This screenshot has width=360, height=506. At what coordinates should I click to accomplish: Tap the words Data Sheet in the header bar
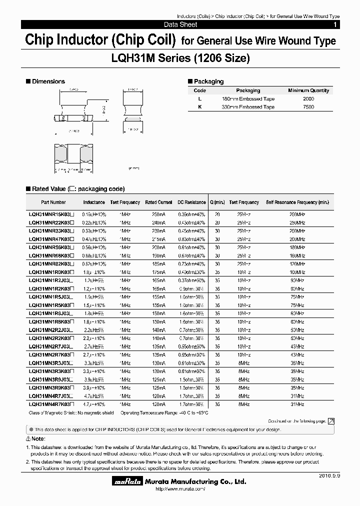pos(180,24)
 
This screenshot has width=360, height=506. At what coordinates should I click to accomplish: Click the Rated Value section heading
pos(75,189)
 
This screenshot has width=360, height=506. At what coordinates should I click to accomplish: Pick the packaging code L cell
pos(199,99)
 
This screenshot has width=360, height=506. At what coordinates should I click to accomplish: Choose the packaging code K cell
pos(199,107)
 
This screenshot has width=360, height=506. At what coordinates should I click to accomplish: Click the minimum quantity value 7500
pos(308,107)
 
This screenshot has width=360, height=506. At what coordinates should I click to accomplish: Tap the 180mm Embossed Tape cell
pos(248,99)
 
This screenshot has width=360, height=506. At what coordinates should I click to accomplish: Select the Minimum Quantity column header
pos(308,90)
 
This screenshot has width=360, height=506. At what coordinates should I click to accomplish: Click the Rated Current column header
pos(158,202)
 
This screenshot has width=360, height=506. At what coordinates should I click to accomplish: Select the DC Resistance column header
pos(191,202)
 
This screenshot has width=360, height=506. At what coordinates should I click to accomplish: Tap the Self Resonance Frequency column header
pos(297,202)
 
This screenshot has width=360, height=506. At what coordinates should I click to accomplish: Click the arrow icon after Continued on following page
pos(331,421)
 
